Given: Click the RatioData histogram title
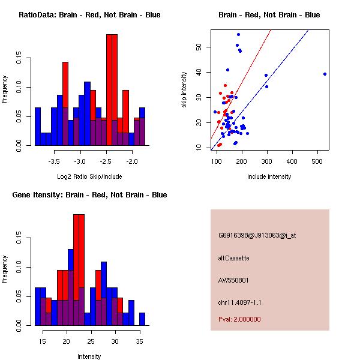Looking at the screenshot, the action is click(89, 15).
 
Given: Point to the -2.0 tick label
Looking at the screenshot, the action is click(132, 161).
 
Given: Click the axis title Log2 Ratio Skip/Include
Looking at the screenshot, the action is click(89, 176).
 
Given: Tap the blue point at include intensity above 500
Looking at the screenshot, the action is click(325, 74).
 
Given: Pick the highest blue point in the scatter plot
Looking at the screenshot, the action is click(239, 35).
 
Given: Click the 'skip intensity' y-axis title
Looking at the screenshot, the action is click(184, 89).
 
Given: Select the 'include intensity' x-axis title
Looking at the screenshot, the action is click(269, 176).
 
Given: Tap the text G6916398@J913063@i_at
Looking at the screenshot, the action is click(257, 235).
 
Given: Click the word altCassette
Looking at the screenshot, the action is click(234, 258).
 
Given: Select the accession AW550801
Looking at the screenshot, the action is click(233, 280).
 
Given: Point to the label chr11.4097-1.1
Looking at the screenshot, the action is click(239, 302).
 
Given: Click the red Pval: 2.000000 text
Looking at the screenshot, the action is click(239, 319).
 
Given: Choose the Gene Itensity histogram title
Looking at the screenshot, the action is click(89, 195).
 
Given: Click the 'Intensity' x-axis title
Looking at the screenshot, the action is click(89, 356).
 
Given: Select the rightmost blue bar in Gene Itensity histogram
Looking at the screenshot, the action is click(142, 319).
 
